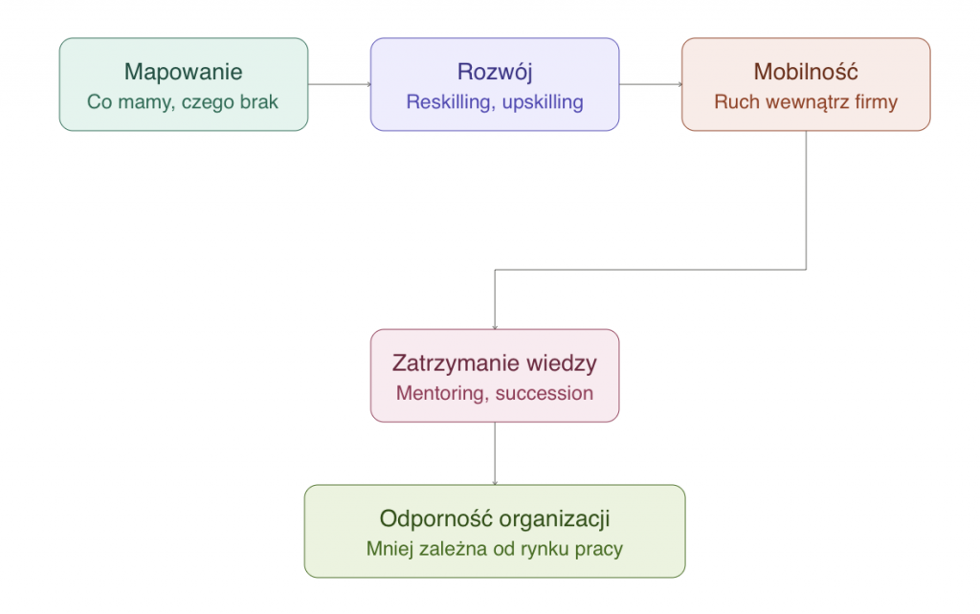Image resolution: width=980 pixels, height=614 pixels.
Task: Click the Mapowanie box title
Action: click(183, 73)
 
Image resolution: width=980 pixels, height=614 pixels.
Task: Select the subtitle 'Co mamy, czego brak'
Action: click(183, 101)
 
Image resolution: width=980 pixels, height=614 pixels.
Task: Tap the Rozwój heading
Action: click(495, 73)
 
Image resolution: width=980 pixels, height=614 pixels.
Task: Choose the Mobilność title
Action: click(806, 72)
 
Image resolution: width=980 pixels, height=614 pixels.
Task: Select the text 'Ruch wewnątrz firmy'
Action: click(806, 101)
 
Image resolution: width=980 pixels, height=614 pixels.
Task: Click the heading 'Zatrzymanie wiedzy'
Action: click(495, 363)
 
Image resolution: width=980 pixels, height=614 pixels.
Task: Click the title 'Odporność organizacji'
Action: click(495, 519)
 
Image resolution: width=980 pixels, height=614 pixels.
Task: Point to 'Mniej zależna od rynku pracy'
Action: click(495, 549)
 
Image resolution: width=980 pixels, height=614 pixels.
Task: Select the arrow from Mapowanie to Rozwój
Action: click(340, 84)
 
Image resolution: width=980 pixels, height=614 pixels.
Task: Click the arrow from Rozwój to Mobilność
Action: click(651, 84)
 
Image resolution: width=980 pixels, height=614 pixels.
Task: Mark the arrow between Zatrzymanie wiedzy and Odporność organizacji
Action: click(495, 453)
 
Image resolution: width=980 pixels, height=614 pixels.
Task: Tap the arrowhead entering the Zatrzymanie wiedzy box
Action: click(495, 327)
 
